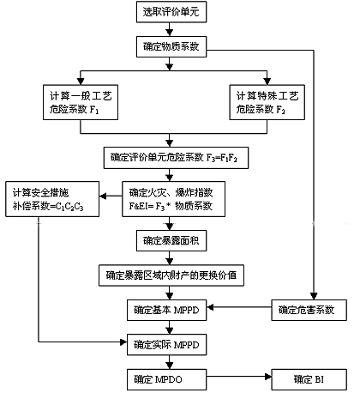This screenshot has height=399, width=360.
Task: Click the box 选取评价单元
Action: (x=171, y=12)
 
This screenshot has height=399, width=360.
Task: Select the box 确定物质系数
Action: (x=171, y=46)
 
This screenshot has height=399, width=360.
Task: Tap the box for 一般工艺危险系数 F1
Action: (x=81, y=102)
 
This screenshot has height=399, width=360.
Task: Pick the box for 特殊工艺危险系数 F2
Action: (x=267, y=102)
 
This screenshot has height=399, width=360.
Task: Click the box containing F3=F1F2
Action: (x=176, y=158)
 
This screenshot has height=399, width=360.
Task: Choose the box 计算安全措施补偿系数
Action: (x=52, y=199)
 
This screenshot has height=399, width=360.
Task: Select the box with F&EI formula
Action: (x=174, y=199)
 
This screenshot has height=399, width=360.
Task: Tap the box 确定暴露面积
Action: (x=171, y=241)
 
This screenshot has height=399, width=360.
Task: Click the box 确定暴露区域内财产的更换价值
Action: (x=171, y=275)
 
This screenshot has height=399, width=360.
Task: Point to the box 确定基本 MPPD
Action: (x=167, y=311)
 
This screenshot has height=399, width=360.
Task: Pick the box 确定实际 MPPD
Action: (x=167, y=345)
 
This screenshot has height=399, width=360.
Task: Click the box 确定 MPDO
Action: (x=167, y=379)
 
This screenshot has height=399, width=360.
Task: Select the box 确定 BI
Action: (x=309, y=379)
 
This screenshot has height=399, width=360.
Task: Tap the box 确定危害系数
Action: (x=309, y=311)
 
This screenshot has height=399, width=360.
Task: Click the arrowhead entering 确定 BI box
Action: (x=268, y=377)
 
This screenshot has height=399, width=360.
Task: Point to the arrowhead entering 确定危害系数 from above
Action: (x=314, y=296)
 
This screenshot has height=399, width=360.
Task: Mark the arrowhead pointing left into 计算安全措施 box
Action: (x=103, y=196)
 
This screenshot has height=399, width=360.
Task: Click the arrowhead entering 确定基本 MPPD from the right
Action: (x=210, y=307)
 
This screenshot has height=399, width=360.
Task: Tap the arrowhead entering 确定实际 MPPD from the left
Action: (x=123, y=342)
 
